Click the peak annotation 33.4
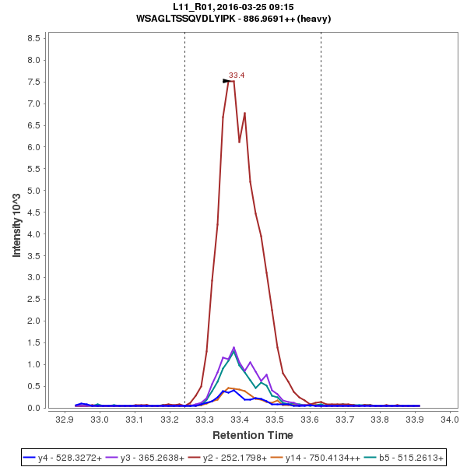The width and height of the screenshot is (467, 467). point(237,75)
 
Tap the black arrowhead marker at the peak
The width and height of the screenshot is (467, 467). point(227,81)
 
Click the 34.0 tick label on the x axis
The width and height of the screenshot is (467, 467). point(449,420)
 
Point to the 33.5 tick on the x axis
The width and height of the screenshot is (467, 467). point(274,420)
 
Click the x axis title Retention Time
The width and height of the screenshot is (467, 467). point(253,435)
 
